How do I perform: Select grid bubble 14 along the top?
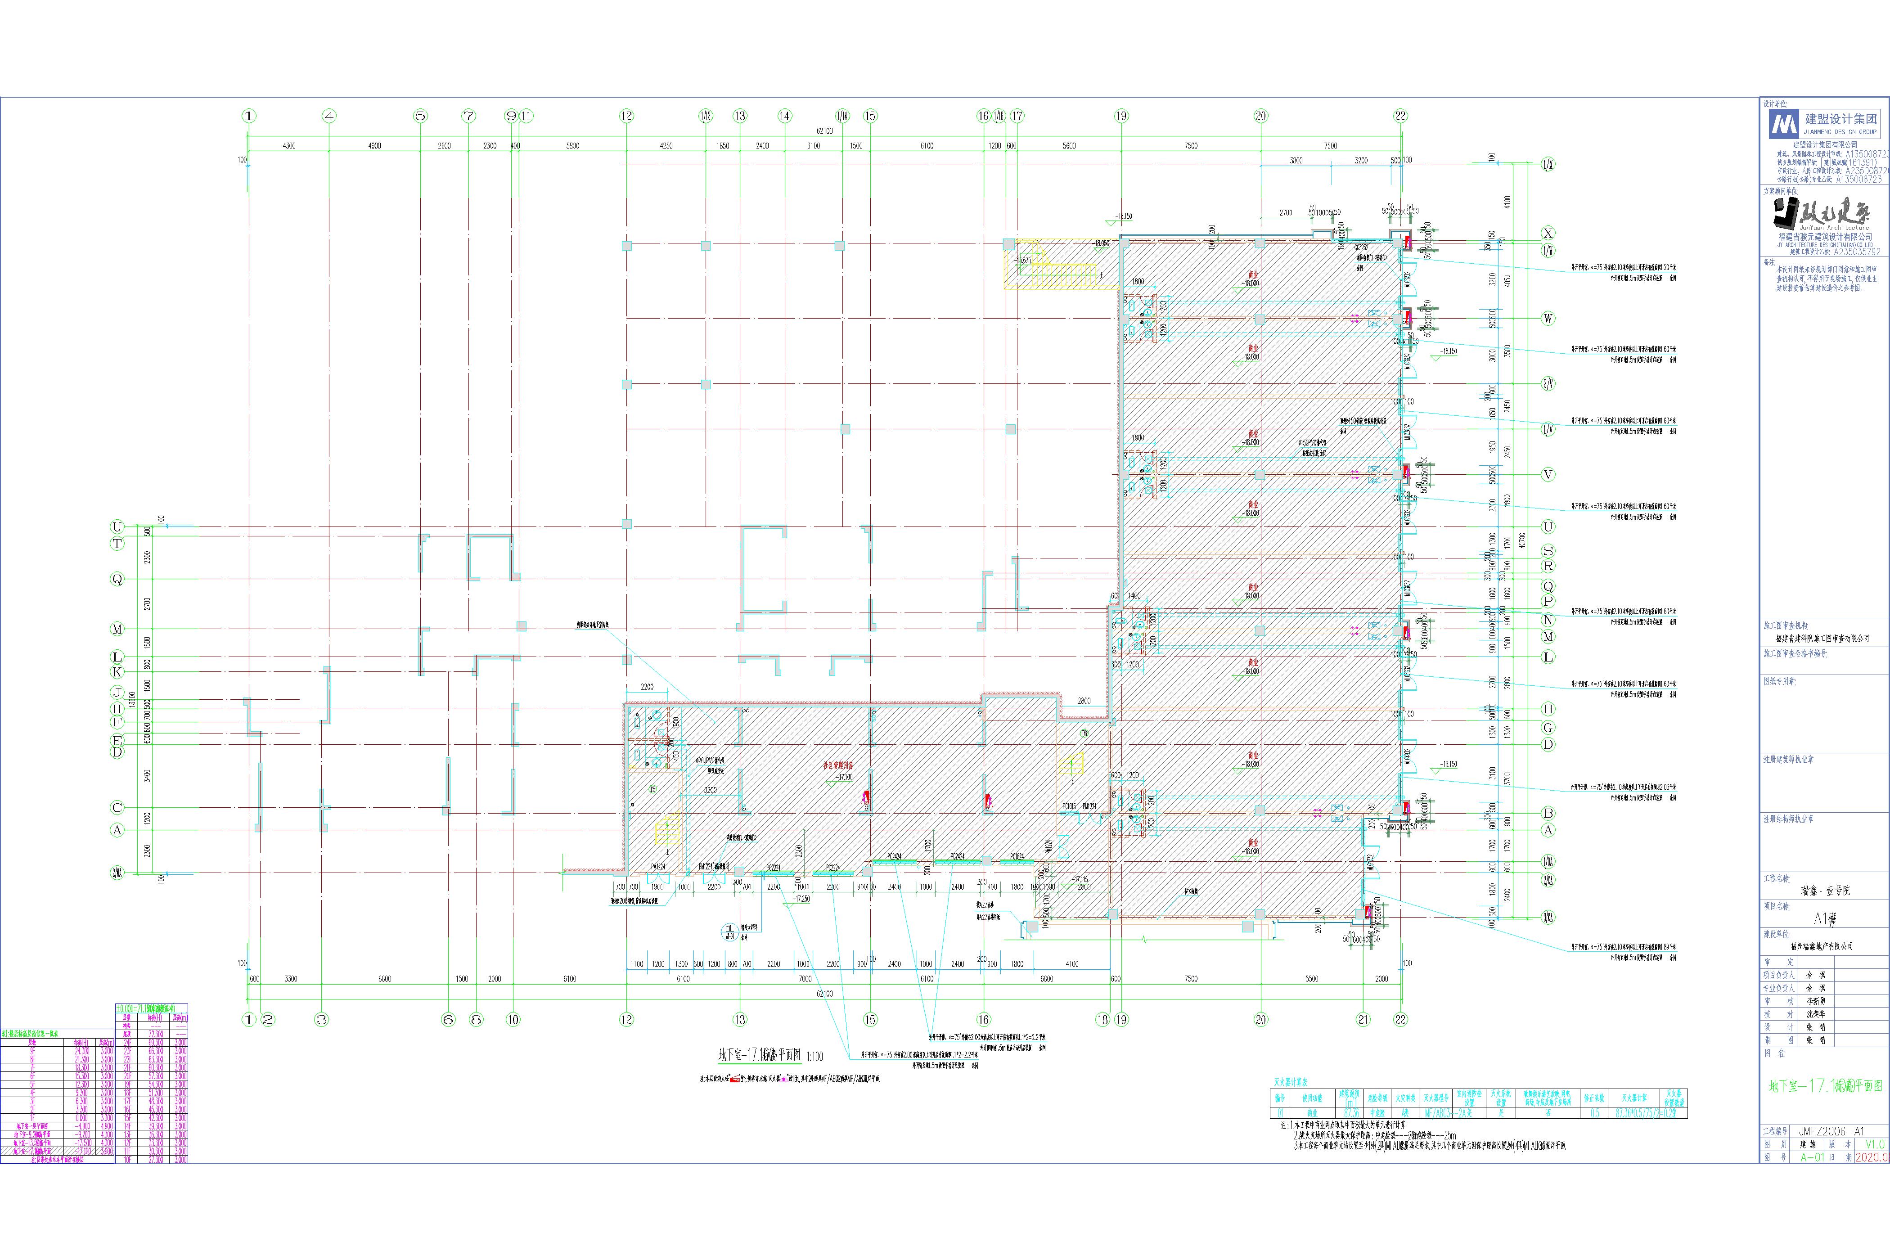(x=784, y=116)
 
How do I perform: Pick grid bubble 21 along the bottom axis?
(x=1363, y=1020)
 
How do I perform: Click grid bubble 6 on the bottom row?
(x=448, y=1020)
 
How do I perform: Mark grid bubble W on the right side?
(x=1548, y=318)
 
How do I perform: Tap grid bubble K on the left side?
(x=117, y=671)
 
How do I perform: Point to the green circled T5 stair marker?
(x=652, y=790)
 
